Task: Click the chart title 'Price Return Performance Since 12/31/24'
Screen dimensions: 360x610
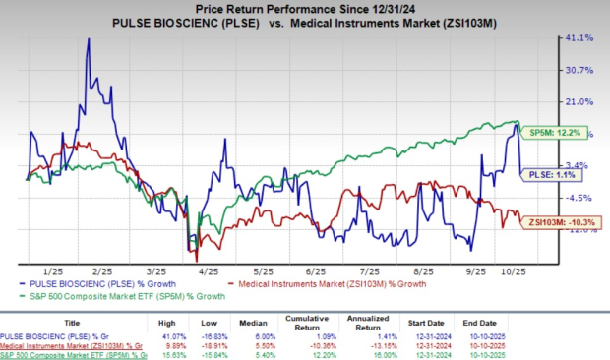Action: click(x=304, y=8)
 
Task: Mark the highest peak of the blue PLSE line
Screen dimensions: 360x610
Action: click(x=90, y=39)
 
